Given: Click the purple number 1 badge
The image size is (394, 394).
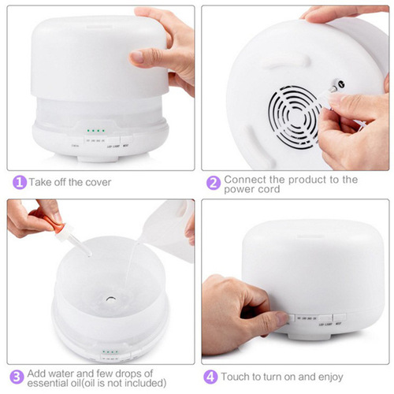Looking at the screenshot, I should (x=17, y=182).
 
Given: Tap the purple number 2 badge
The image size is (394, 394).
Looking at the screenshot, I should (x=213, y=182).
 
